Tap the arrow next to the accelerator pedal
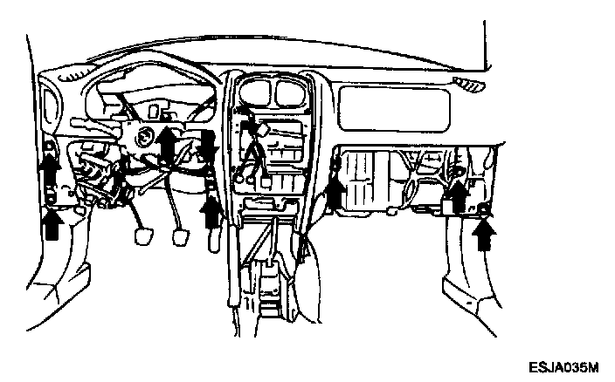pos(211,214)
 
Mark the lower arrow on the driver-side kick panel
pos(52,225)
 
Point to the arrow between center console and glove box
pos(335,193)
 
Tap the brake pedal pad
pos(182,236)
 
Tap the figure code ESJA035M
pos(563,367)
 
